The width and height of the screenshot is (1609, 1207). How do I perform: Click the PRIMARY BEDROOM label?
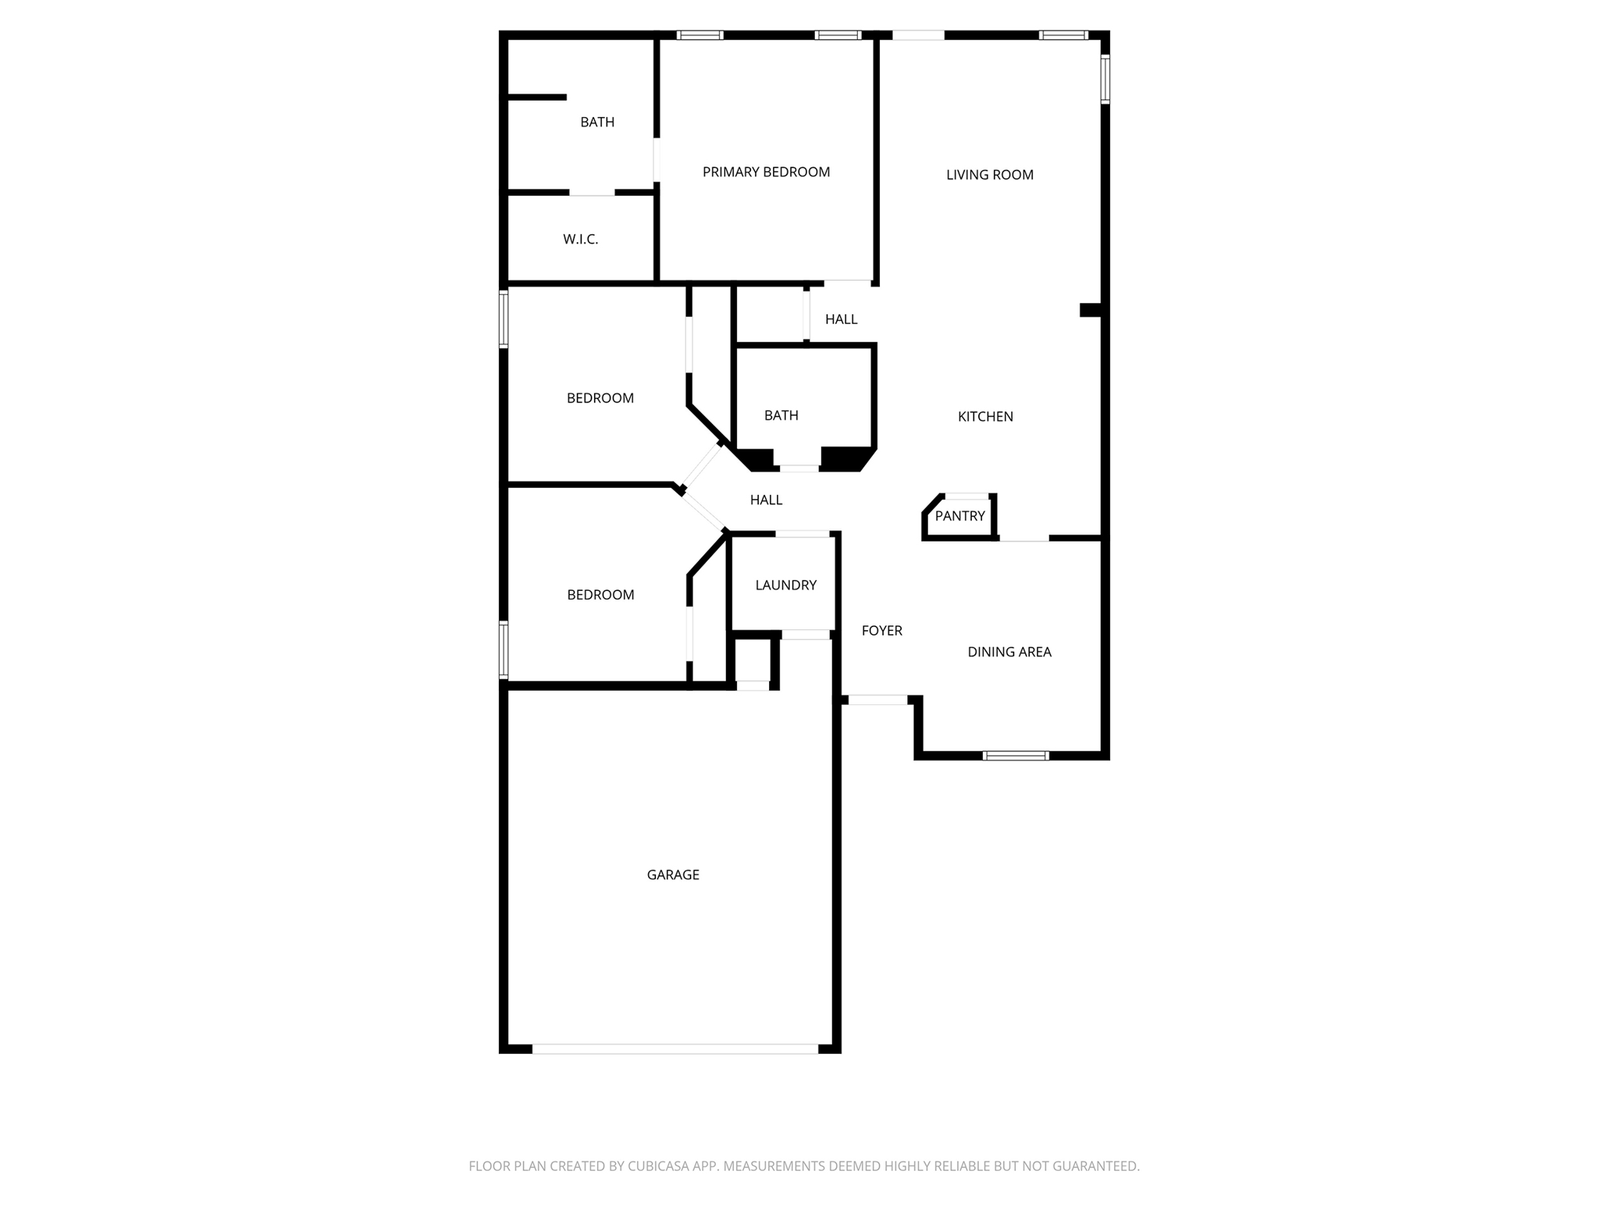pos(766,172)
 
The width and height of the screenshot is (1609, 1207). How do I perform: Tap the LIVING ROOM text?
pos(989,175)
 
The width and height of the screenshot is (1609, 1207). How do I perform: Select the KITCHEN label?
pos(985,416)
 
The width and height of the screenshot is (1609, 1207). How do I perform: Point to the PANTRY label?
pos(959,516)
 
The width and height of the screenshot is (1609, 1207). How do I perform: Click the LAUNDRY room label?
pos(786,585)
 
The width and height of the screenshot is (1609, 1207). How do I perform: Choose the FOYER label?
pos(881,630)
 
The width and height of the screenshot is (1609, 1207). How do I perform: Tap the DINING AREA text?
pos(1009,651)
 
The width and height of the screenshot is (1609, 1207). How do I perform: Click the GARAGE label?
pos(673,875)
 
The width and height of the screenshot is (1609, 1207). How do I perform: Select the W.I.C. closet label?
pos(581,239)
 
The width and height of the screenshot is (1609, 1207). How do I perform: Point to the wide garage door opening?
pos(675,1048)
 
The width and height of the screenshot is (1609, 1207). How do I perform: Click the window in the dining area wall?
pos(1015,756)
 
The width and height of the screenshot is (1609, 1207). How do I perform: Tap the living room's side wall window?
pos(1105,79)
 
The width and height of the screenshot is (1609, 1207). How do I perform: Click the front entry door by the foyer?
pos(878,699)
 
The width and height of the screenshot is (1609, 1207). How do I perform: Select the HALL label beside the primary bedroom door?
pos(841,319)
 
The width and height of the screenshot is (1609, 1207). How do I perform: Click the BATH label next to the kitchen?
pos(781,415)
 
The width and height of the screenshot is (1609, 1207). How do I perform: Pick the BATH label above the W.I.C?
pos(597,122)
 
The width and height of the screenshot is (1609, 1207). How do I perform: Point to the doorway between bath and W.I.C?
pos(592,193)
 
